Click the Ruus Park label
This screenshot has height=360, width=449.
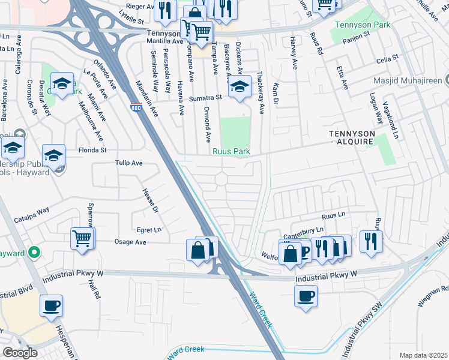tap(231, 152)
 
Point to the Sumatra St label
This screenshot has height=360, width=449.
tap(205, 97)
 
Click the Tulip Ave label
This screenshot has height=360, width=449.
tap(128, 163)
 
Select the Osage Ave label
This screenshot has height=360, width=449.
tap(130, 242)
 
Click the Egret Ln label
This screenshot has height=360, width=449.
tap(149, 229)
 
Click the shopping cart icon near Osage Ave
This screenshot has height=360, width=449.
tap(82, 238)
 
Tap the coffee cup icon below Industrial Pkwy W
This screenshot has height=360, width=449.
tap(306, 296)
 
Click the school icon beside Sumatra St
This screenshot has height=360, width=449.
tap(240, 88)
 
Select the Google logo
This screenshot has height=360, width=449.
tap(20, 352)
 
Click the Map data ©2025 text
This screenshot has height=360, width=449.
tap(423, 355)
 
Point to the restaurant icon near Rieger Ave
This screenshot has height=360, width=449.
tap(162, 9)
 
